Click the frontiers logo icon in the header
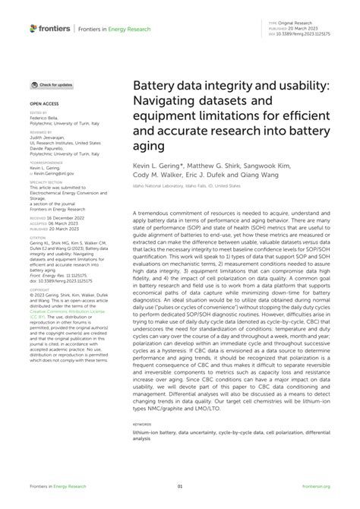pos(34,28)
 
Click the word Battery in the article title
pos(157,87)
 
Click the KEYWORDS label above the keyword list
pos(142,425)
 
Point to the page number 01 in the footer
pos(180,486)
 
